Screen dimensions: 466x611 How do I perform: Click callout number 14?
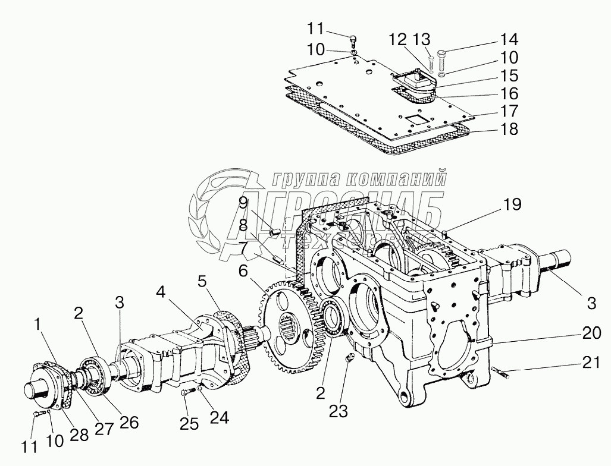(509, 40)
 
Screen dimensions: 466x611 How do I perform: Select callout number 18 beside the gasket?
(509, 129)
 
